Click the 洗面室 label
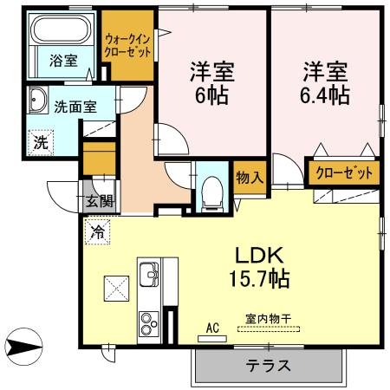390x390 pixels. pyautogui.click(x=75, y=107)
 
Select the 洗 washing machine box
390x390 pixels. pyautogui.click(x=41, y=142)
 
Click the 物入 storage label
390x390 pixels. pyautogui.click(x=250, y=179)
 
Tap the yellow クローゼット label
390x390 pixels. pyautogui.click(x=344, y=172)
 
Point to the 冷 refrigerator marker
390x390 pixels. pyautogui.click(x=98, y=231)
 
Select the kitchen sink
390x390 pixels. pyautogui.click(x=150, y=276)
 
